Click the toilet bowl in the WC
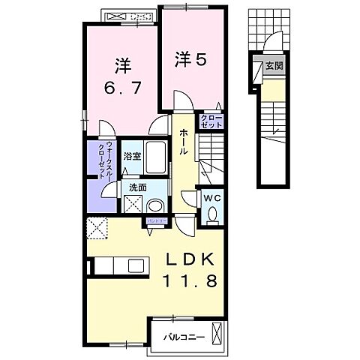pyautogui.click(x=211, y=215)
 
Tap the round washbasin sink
pyautogui.click(x=155, y=204)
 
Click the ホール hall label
pyautogui.click(x=183, y=141)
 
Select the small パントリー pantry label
pyautogui.click(x=157, y=221)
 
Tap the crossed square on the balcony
pyautogui.click(x=217, y=333)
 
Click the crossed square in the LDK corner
pyautogui.click(x=96, y=226)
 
